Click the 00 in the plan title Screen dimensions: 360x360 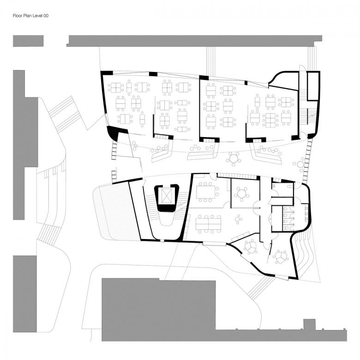tap(46, 16)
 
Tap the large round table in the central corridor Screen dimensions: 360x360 tap(234, 159)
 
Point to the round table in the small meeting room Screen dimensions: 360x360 tap(241, 193)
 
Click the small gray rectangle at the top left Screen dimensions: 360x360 tap(28, 41)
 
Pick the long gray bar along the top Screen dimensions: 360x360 tap(194, 41)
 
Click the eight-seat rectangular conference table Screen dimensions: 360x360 tap(206, 192)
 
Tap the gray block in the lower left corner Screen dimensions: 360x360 tap(25, 294)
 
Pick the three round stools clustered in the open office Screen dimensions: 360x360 tap(238, 219)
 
